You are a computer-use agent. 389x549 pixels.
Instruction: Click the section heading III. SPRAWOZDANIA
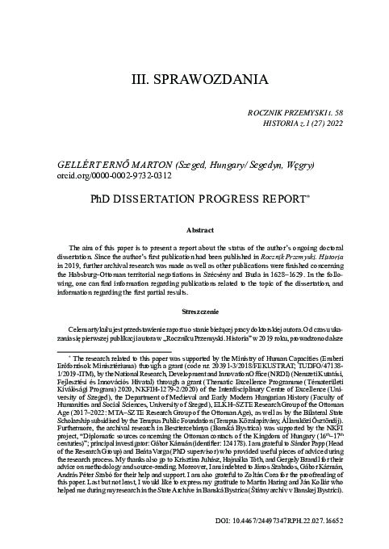194,80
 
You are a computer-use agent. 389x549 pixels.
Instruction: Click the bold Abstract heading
194,229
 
